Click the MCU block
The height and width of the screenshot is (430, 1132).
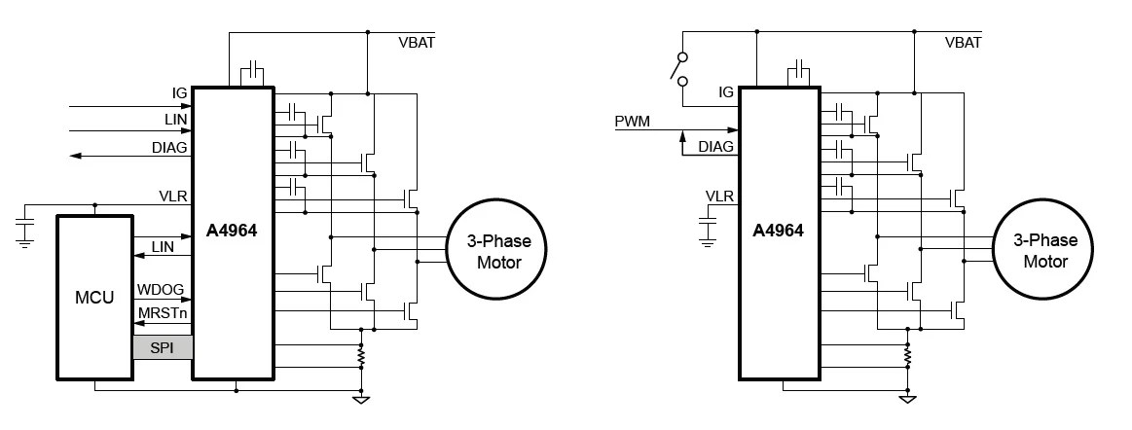94,297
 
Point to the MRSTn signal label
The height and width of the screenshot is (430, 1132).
163,314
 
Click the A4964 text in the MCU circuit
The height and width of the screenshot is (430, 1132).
232,231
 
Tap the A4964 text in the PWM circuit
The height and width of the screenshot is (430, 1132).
778,231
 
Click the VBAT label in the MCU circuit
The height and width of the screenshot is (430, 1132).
418,43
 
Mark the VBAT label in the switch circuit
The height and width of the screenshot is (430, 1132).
963,43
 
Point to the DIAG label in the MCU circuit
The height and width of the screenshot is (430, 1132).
169,147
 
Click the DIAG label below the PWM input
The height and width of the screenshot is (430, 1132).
715,147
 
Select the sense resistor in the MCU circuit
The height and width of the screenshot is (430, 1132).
362,357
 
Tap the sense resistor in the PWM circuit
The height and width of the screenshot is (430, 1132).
907,357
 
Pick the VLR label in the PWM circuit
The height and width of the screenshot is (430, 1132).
719,197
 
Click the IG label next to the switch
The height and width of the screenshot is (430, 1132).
725,92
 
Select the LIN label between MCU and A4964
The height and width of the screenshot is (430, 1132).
163,247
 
